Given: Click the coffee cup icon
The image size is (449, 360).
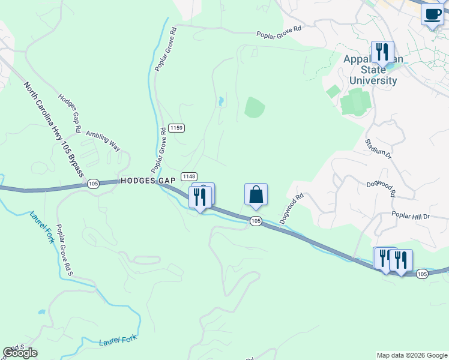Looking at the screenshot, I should [x=432, y=14].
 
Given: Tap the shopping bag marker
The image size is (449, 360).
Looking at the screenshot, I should [x=256, y=195].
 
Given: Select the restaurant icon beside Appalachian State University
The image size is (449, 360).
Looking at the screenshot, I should [x=382, y=53].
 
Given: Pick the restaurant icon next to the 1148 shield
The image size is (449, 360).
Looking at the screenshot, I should [x=200, y=197].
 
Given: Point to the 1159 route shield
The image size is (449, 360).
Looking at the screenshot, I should [x=176, y=128].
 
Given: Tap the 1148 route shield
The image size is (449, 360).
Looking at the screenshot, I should [x=188, y=176].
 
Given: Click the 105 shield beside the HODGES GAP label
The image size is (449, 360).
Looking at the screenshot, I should [x=92, y=184].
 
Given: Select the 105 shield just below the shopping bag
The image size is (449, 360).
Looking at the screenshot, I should [x=256, y=221].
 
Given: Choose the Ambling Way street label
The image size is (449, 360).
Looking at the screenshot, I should [x=103, y=137].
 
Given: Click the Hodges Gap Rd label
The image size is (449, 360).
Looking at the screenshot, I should [x=70, y=113].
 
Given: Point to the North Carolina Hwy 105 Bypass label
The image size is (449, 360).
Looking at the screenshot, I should [x=55, y=130].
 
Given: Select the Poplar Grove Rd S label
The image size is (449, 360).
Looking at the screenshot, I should [x=64, y=250].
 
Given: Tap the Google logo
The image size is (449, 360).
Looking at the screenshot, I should [x=20, y=353].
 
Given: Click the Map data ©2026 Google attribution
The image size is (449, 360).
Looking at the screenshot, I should [x=411, y=355].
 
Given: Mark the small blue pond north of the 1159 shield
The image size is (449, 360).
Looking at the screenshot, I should [x=221, y=101].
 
